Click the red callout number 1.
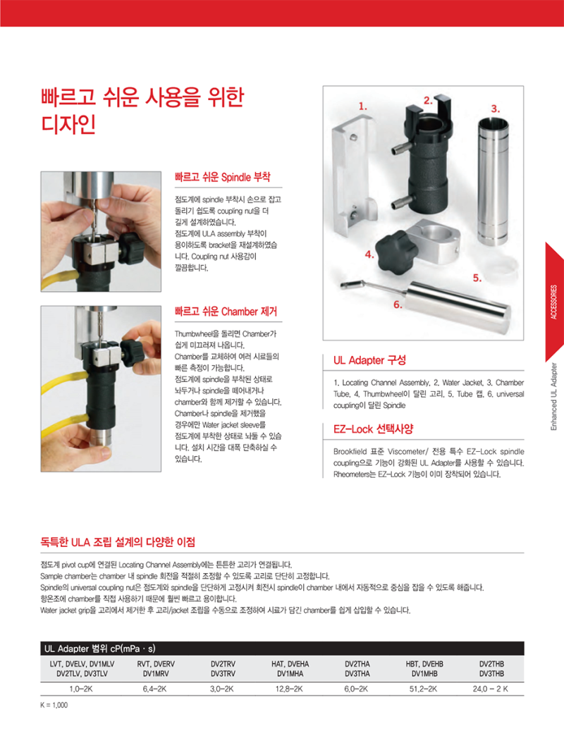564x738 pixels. coord(363,106)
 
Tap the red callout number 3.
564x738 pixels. coord(495,108)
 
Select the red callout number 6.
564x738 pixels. coord(398,305)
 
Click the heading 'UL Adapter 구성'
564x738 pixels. coord(369,360)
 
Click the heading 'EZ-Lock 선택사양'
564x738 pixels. coord(373,429)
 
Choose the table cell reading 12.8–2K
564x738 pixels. coord(290,688)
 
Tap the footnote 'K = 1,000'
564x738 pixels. coord(54,705)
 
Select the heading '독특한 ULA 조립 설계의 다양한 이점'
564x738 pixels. coord(118,542)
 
